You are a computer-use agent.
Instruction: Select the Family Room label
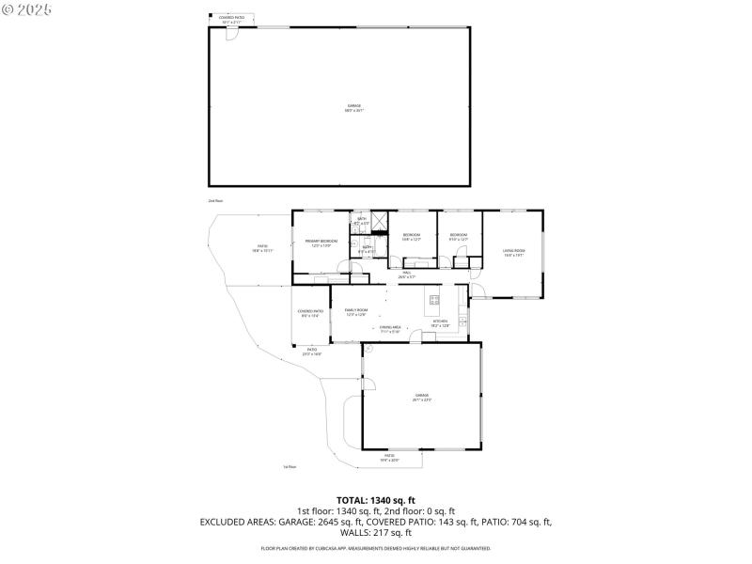pyautogui.click(x=355, y=311)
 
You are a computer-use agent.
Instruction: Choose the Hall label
pyautogui.click(x=407, y=274)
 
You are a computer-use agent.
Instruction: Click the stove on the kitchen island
pyautogui.click(x=434, y=301)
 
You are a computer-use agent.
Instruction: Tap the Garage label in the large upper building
pyautogui.click(x=353, y=107)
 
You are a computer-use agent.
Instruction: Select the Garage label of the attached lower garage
pyautogui.click(x=421, y=397)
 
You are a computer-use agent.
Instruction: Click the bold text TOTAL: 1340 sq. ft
pyautogui.click(x=375, y=500)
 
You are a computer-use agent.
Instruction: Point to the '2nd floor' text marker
pyautogui.click(x=215, y=201)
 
